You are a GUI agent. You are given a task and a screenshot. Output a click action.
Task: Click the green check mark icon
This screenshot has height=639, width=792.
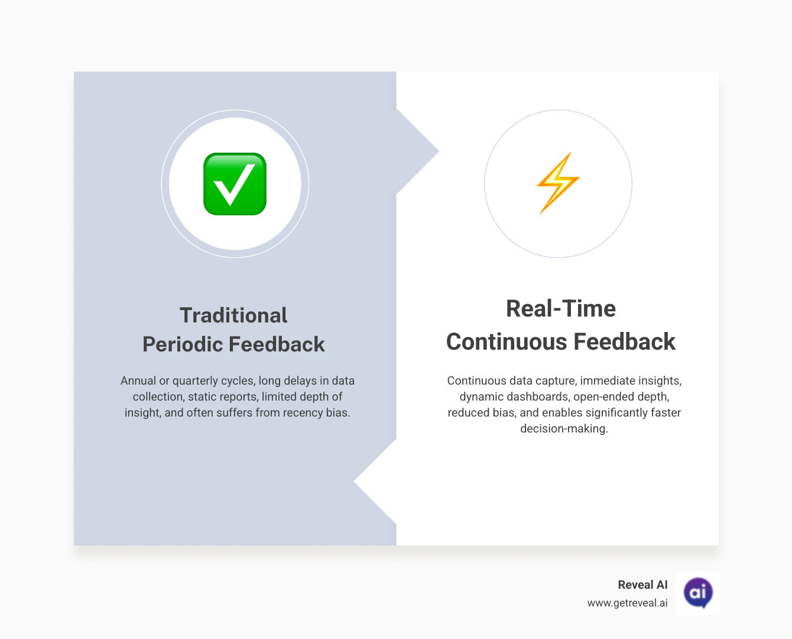click(x=235, y=184)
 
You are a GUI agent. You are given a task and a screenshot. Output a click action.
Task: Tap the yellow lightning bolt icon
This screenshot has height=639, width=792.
click(x=558, y=183)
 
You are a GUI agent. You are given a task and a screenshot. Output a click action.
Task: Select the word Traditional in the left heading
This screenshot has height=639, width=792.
click(x=233, y=315)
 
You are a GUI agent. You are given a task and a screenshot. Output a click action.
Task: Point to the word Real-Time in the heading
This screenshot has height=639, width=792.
click(x=561, y=309)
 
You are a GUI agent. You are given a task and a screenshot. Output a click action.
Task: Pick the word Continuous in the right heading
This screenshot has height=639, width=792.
click(x=507, y=342)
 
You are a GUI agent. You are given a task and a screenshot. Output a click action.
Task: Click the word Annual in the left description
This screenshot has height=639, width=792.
click(x=138, y=380)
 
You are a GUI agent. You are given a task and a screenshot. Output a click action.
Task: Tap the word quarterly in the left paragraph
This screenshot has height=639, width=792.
click(x=194, y=380)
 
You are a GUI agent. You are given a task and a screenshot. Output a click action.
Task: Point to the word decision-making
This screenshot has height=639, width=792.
click(x=564, y=428)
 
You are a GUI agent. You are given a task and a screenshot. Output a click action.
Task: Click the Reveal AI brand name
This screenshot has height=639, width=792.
click(x=642, y=585)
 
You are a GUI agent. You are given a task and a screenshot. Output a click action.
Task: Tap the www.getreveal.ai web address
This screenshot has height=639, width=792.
click(x=627, y=603)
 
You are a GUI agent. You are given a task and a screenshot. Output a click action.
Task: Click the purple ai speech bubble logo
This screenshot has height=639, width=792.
click(x=698, y=592)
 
